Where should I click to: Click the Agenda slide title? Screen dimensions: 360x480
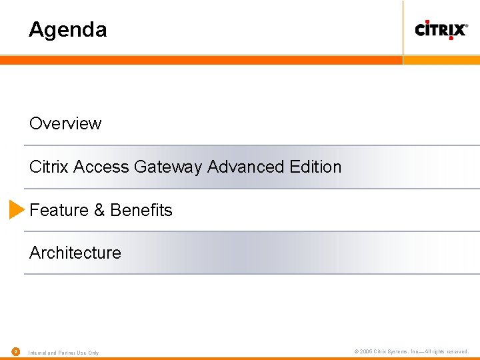67,30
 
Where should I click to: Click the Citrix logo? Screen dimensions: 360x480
441,29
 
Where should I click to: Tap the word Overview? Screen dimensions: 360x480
65,124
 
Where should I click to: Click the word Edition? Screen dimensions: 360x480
316,167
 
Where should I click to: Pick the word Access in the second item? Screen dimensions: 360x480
101,167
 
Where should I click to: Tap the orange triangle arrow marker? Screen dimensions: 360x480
17,209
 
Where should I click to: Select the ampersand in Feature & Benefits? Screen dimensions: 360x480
99,210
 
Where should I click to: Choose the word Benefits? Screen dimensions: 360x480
141,210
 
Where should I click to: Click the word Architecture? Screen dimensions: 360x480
75,253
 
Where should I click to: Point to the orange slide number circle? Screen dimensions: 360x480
15,351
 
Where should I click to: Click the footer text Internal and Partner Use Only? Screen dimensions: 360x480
63,353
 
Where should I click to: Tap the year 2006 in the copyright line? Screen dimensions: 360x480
366,351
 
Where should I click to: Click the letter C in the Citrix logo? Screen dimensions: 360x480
421,29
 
